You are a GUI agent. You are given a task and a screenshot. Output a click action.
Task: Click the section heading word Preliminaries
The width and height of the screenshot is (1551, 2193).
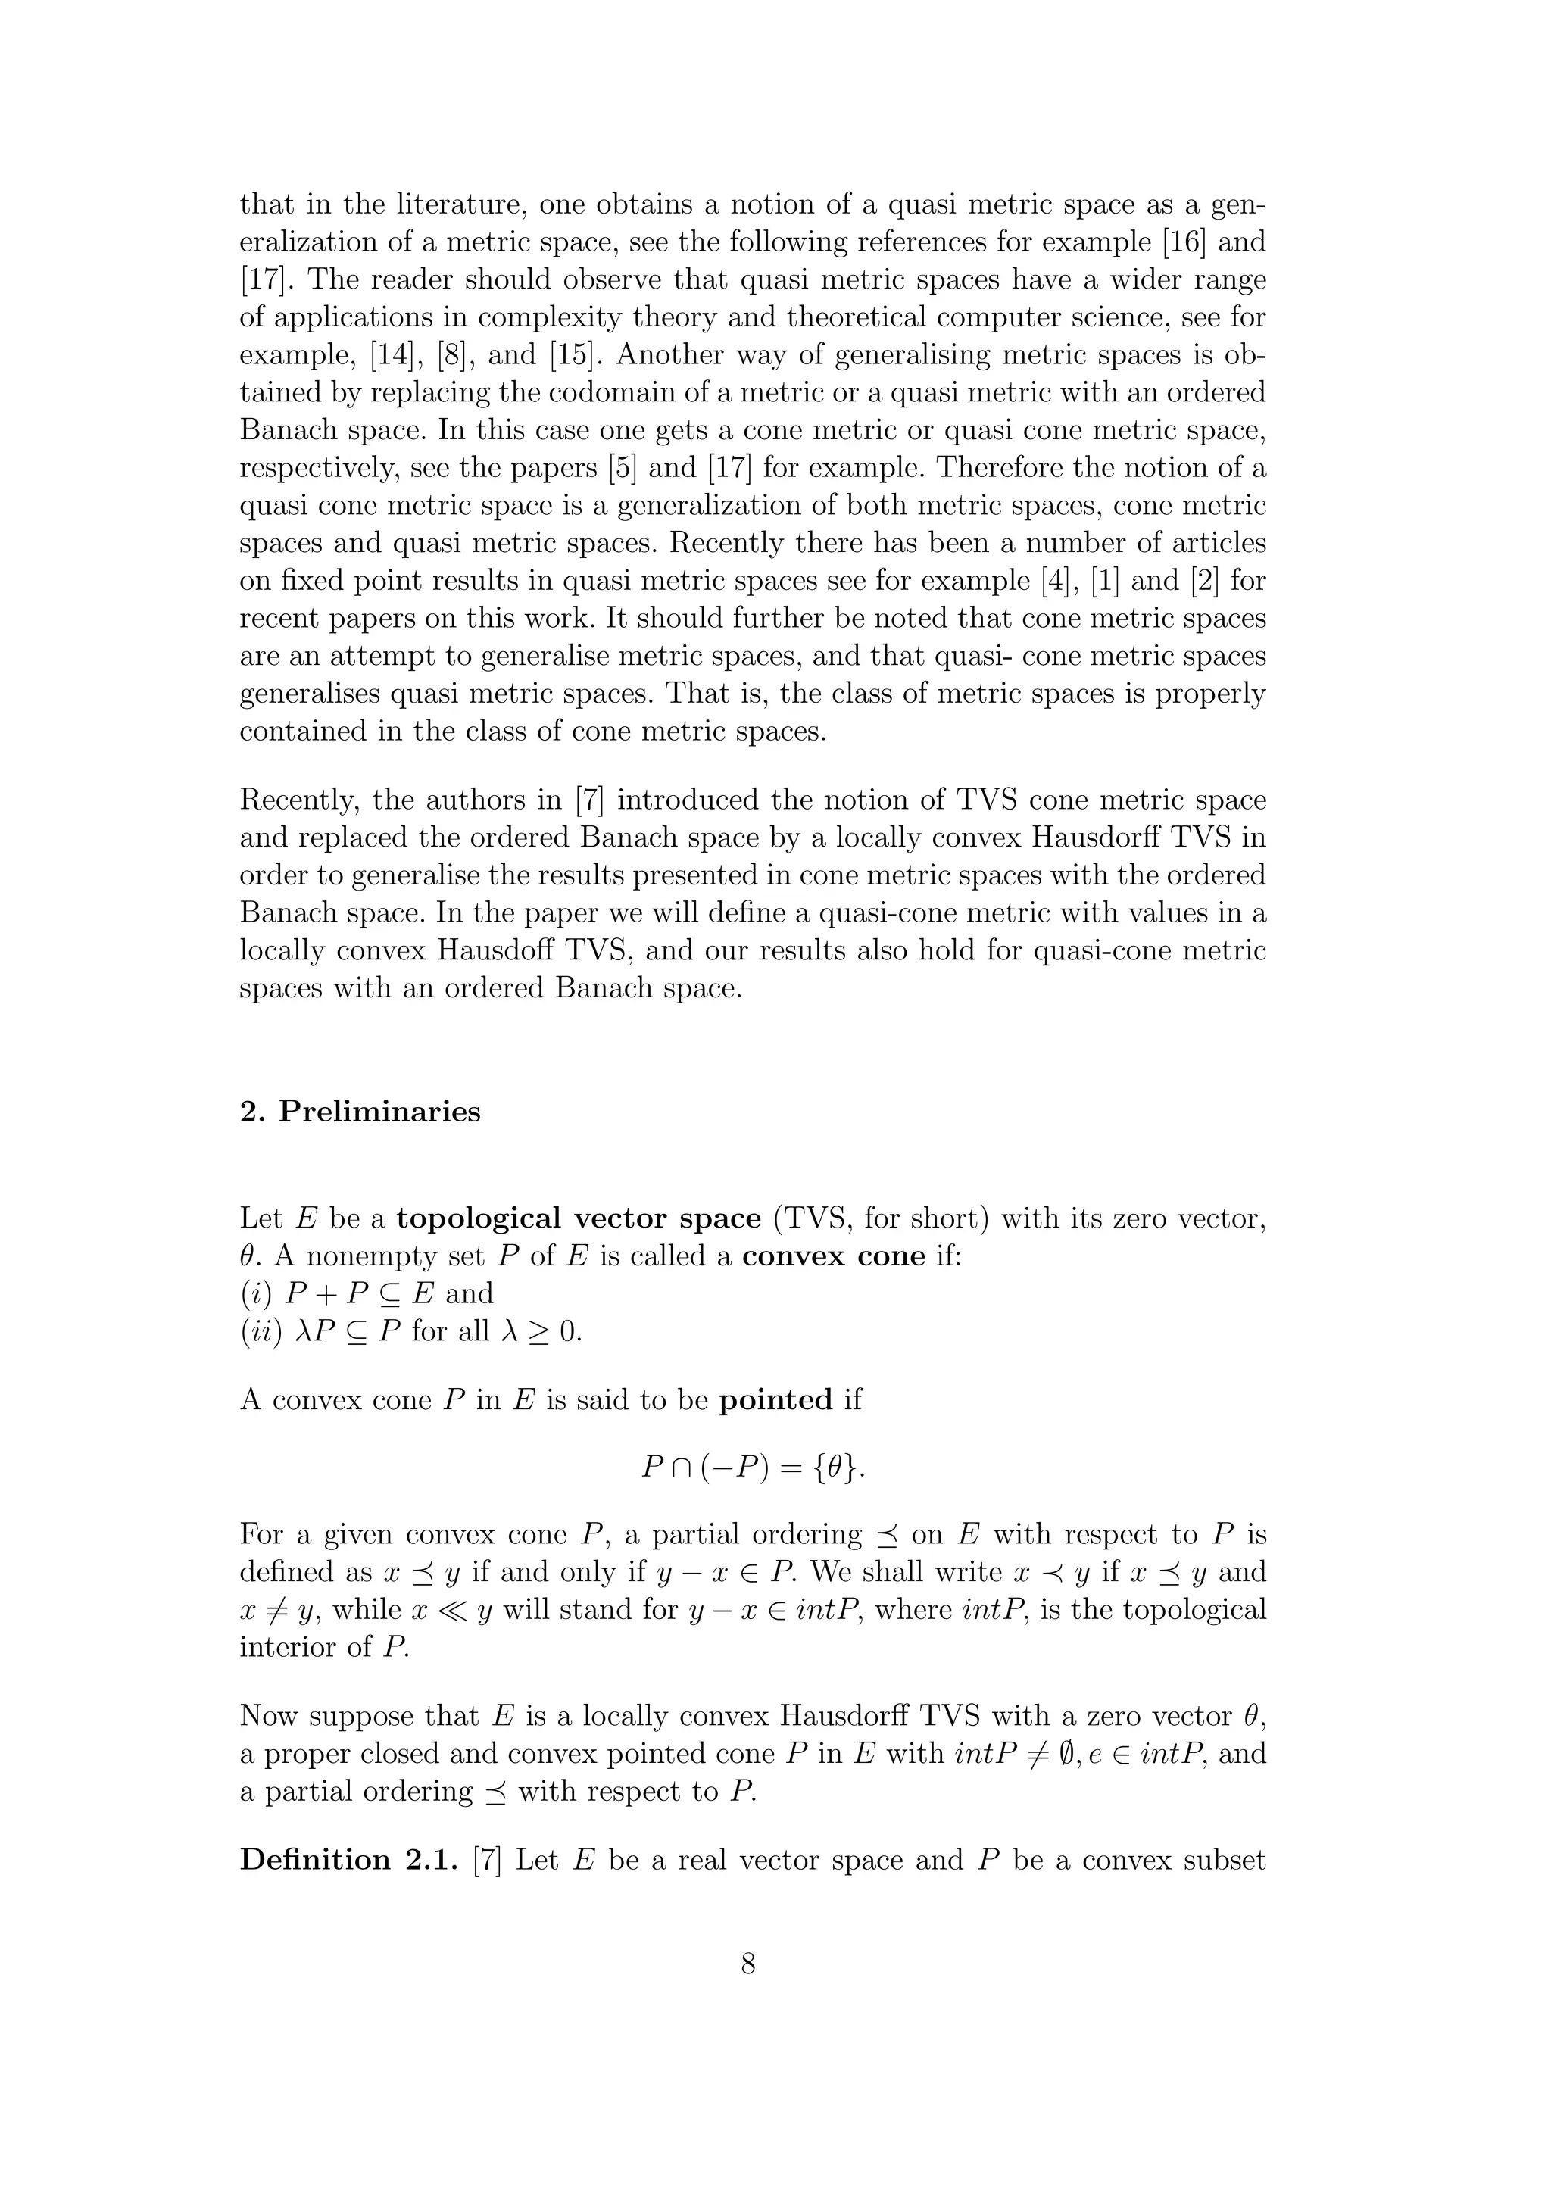379,1112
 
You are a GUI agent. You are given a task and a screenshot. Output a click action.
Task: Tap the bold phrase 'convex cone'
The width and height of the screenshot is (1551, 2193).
833,1256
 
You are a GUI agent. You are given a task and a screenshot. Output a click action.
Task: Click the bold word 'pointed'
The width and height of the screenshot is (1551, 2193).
775,1400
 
